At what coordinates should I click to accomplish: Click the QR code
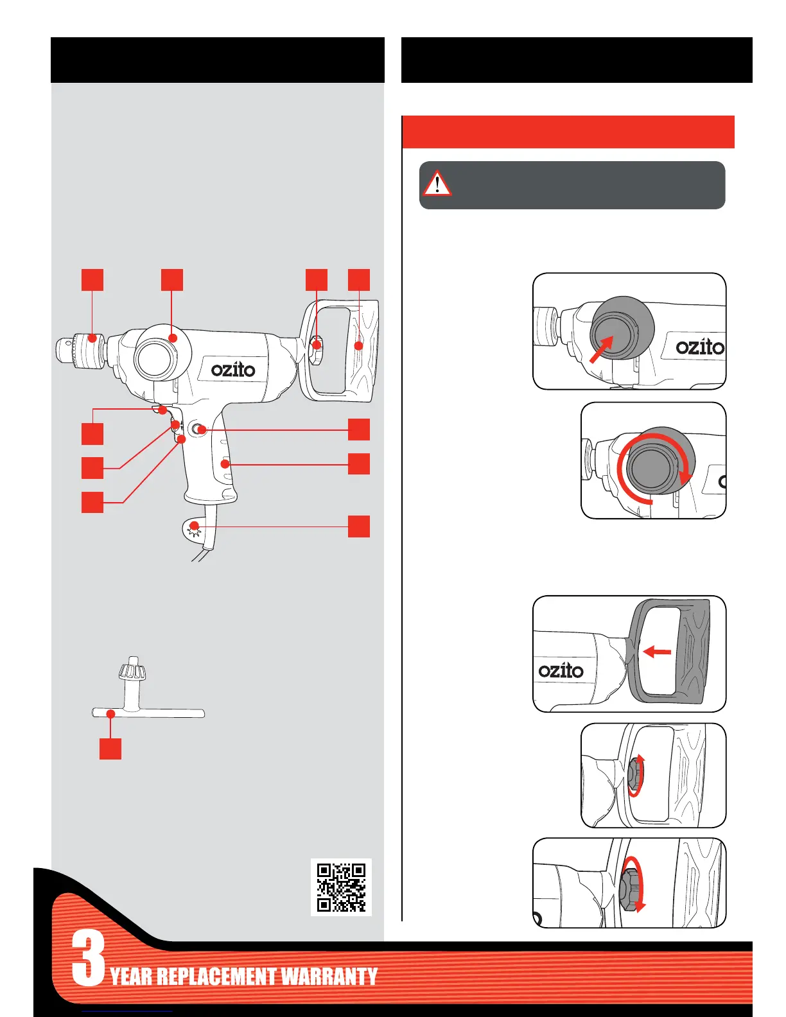(x=341, y=887)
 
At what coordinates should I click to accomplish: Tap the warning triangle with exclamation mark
(x=437, y=184)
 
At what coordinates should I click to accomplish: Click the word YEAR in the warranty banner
(x=132, y=977)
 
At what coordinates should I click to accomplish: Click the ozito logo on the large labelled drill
(x=233, y=370)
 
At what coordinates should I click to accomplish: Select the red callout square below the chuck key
(x=110, y=749)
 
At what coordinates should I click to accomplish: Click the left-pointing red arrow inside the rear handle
(x=657, y=652)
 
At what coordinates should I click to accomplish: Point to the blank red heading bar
(x=568, y=132)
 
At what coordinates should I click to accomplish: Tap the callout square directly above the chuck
(x=92, y=280)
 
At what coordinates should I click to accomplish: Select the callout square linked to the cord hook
(x=359, y=526)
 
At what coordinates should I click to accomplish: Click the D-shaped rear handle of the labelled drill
(x=360, y=350)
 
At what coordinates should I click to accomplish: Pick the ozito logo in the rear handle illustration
(x=561, y=670)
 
